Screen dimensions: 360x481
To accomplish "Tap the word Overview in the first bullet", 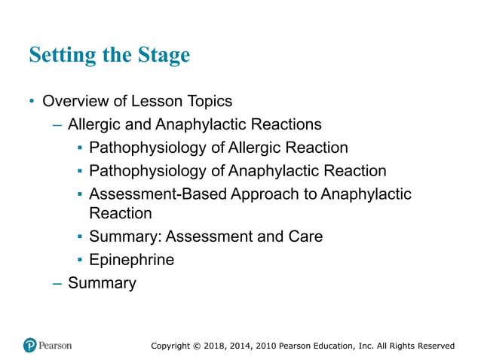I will (75, 100).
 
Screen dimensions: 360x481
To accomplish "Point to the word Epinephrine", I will (131, 260).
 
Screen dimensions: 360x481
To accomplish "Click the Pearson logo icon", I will (30, 346).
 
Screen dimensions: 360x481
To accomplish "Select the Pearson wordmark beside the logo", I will (57, 346).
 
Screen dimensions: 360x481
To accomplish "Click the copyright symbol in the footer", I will (195, 346).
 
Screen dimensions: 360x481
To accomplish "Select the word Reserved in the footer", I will (434, 346).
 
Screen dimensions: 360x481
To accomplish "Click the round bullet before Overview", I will (32, 101).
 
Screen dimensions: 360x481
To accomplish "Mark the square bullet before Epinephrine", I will (80, 261).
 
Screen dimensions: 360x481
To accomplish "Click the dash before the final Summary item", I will (57, 284).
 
